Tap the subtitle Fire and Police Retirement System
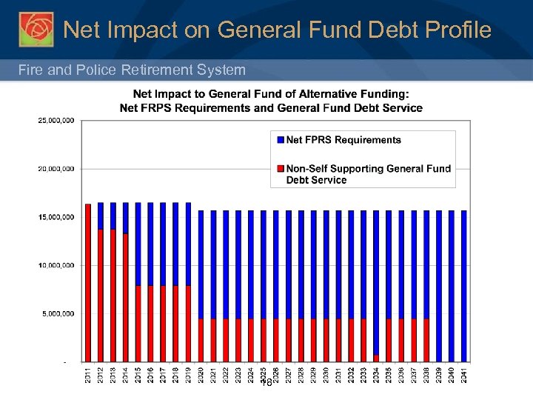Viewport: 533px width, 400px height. (132, 70)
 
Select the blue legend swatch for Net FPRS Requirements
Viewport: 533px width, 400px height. (279, 140)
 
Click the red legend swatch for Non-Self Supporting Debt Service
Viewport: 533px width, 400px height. (279, 169)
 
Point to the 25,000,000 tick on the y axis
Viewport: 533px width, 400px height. (56, 120)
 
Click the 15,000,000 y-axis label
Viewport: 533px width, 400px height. (56, 217)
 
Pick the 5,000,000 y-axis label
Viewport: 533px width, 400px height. (56, 314)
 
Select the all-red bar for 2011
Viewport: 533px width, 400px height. (88, 281)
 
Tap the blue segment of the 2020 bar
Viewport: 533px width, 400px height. (201, 264)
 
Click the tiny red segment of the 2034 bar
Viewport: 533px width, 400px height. (376, 359)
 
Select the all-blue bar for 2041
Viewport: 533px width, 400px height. (464, 285)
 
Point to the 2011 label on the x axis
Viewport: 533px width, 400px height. (88, 375)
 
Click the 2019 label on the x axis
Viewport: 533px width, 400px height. (189, 375)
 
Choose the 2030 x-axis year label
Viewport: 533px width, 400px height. (326, 375)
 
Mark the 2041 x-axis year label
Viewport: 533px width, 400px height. (464, 375)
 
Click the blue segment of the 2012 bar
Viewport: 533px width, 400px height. (101, 216)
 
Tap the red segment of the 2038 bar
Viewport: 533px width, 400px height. (426, 340)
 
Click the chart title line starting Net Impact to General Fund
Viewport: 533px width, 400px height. (271, 94)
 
